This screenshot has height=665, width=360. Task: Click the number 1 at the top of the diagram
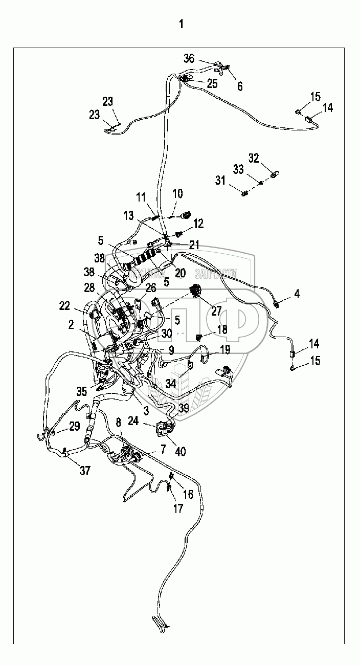(180, 24)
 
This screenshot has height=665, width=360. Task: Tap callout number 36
(189, 59)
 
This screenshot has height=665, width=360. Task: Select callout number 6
(240, 86)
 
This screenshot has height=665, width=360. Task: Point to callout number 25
(212, 83)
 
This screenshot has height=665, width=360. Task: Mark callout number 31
(220, 180)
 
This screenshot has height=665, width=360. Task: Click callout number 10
(177, 194)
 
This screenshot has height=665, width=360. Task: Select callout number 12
(198, 224)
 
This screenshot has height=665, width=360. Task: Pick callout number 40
(180, 452)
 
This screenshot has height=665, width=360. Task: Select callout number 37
(85, 471)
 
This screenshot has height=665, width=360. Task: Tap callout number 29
(75, 426)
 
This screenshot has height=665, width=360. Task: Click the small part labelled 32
(274, 174)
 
